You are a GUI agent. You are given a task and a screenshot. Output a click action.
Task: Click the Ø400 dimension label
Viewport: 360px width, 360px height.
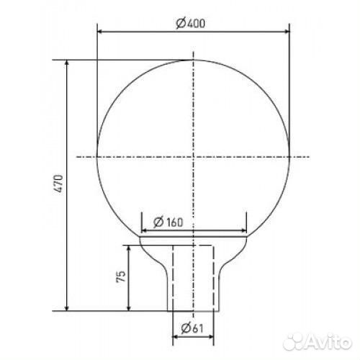tap(191, 23)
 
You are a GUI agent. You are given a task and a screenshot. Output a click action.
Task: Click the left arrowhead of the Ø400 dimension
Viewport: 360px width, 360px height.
tap(101, 32)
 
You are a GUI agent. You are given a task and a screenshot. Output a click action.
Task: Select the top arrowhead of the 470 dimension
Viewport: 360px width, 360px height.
tap(68, 63)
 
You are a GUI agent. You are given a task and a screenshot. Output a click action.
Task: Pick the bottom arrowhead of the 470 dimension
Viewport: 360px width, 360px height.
tap(68, 308)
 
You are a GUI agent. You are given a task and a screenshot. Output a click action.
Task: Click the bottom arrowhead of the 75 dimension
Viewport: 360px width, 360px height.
tap(129, 308)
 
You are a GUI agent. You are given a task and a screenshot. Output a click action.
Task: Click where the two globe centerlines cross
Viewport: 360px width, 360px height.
tap(193, 156)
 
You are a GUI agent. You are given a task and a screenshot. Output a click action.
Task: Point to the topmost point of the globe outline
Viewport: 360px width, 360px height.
tap(193, 60)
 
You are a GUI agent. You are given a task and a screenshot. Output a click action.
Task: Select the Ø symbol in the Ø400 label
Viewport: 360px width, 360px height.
tap(179, 23)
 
